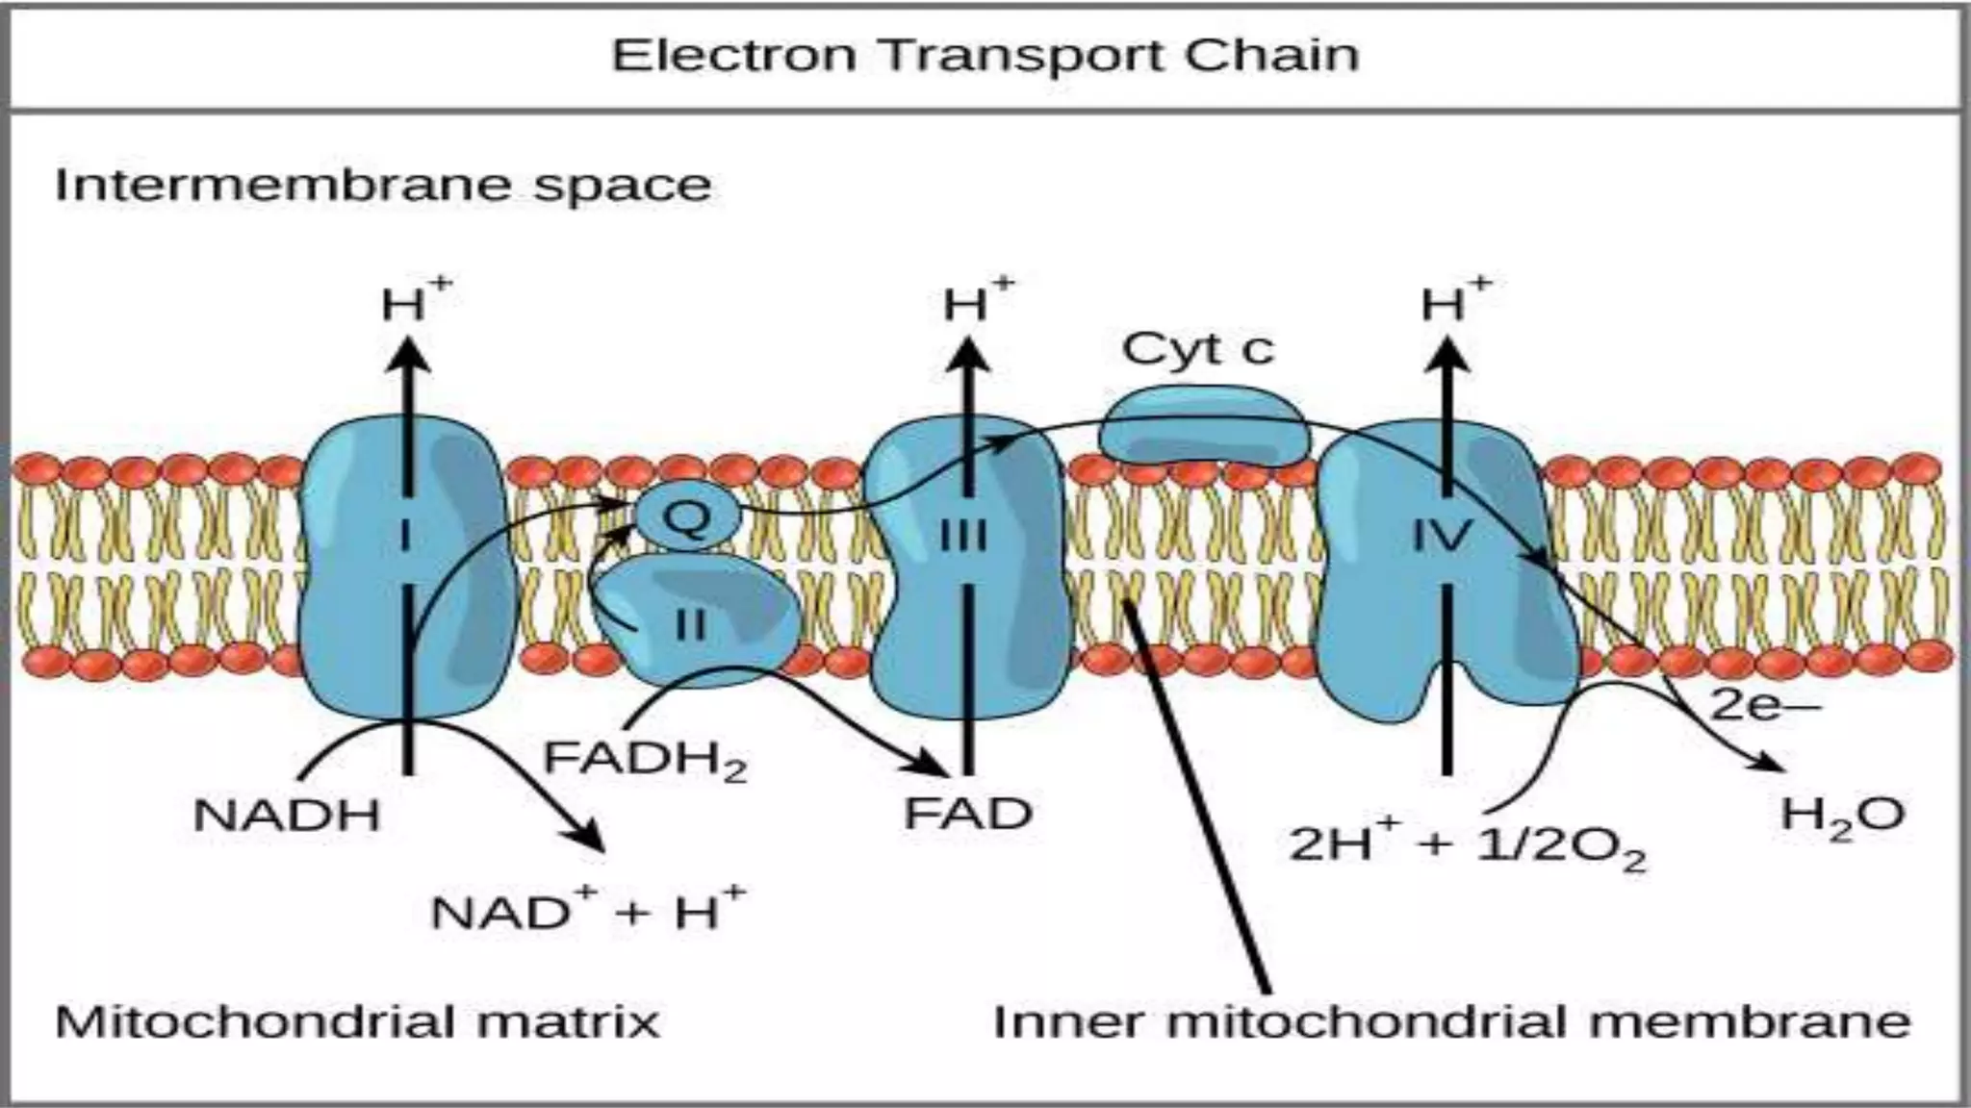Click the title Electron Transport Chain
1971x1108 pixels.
(x=985, y=55)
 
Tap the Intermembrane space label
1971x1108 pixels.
(x=383, y=185)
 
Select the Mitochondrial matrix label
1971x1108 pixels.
(x=357, y=1021)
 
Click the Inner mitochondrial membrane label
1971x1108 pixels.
(x=1451, y=1021)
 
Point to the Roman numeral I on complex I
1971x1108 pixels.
(x=406, y=535)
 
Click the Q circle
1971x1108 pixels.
(x=687, y=516)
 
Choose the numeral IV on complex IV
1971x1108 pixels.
(x=1442, y=535)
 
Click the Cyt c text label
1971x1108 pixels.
(x=1197, y=348)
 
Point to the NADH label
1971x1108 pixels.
(x=287, y=816)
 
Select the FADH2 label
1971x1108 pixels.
(x=645, y=760)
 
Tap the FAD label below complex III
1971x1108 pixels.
(x=967, y=814)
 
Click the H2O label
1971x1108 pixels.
(x=1842, y=816)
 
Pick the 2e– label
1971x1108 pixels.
(x=1764, y=706)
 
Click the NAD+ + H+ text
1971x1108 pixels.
(x=587, y=910)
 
